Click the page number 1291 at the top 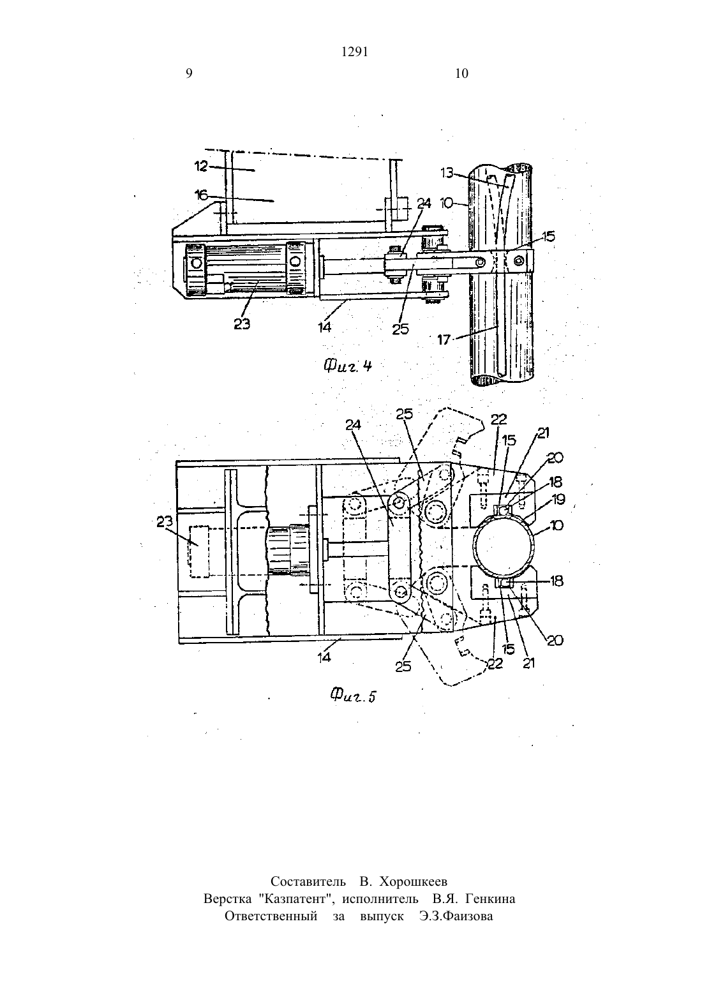point(355,52)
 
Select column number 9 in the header point(190,73)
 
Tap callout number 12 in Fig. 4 point(201,167)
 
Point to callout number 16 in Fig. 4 point(201,195)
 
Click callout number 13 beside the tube point(447,173)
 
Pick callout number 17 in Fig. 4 point(444,340)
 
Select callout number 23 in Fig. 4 point(242,324)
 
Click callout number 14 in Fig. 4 point(324,327)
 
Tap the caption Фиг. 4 point(347,366)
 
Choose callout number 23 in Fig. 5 point(165,522)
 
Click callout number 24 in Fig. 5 point(353,424)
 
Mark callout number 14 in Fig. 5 point(324,657)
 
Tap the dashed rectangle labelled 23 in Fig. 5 point(199,551)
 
